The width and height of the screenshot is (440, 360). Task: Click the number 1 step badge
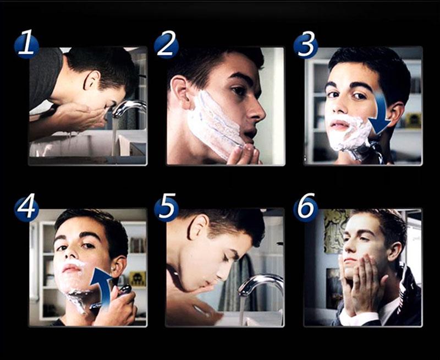[26, 45]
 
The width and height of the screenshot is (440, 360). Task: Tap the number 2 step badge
[166, 45]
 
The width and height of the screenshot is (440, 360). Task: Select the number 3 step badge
[306, 45]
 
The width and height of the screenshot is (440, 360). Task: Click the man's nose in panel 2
[257, 111]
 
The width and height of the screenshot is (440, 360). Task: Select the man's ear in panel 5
[198, 227]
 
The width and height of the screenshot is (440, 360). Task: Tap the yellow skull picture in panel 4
[137, 279]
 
